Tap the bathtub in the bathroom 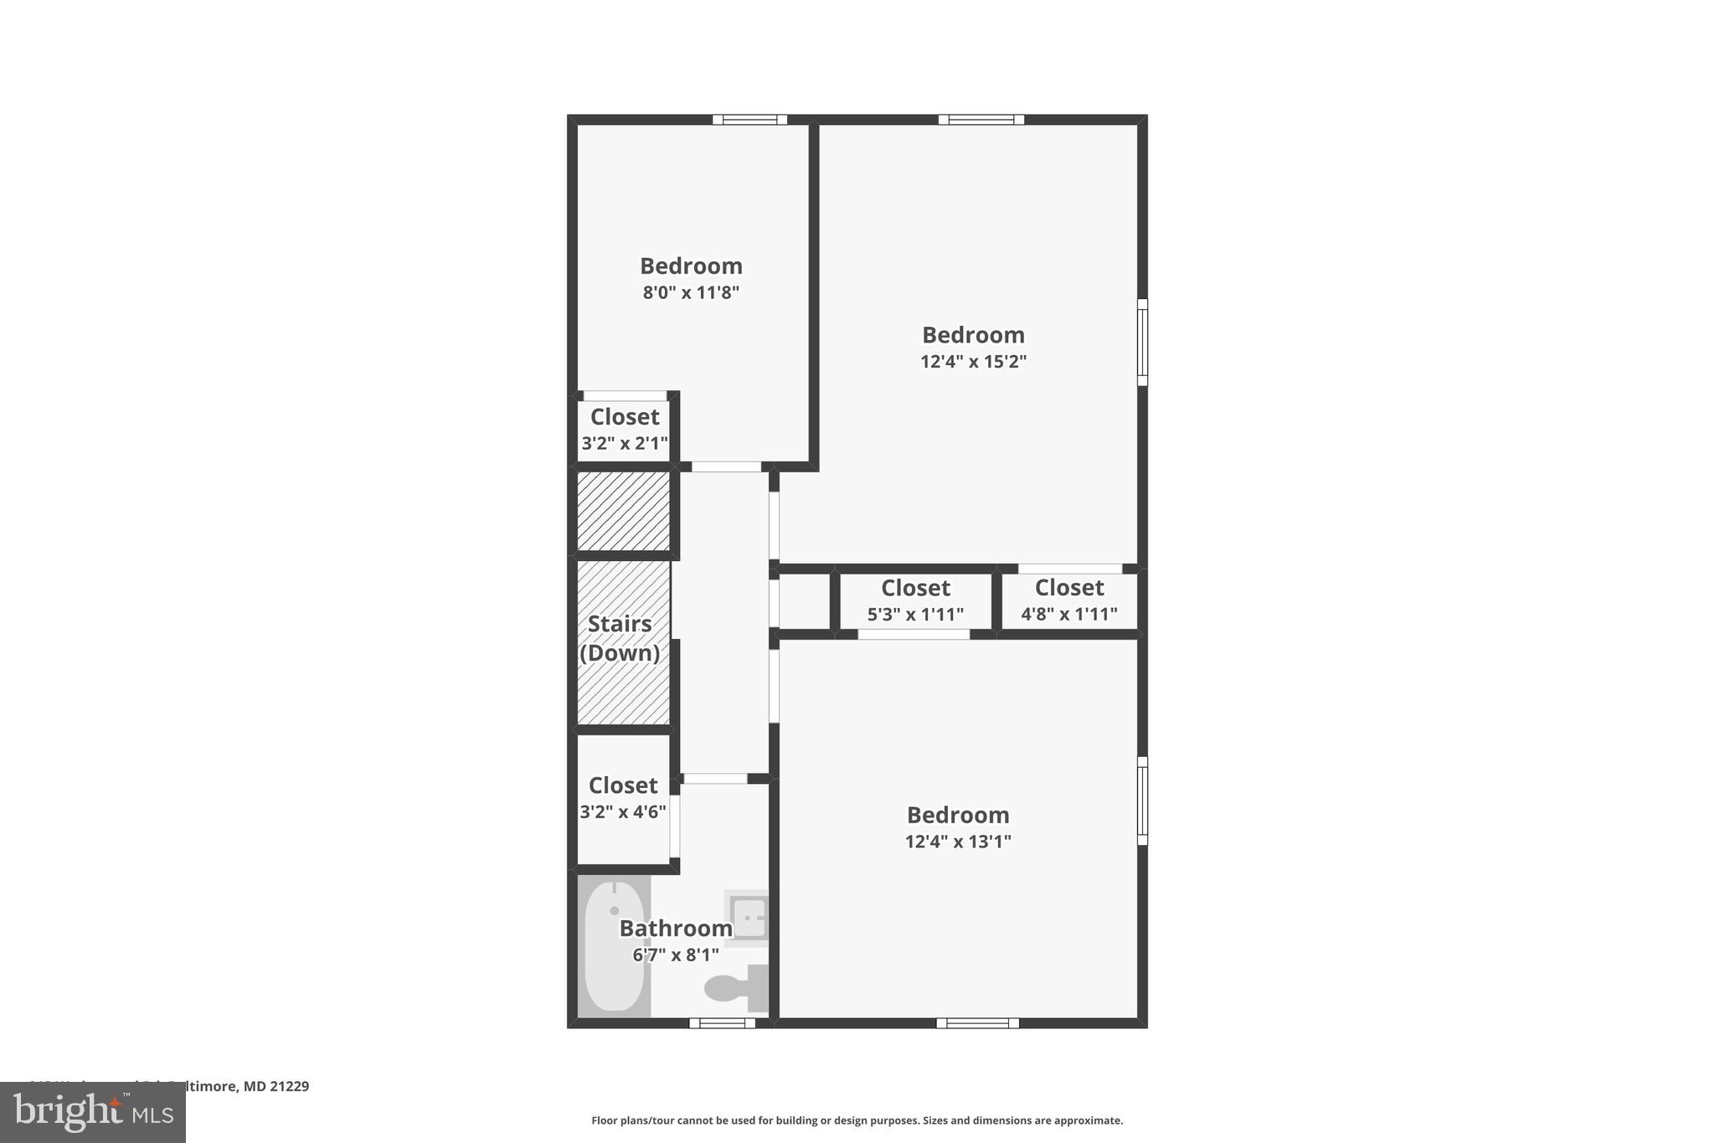pos(614,946)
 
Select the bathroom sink pos(747,916)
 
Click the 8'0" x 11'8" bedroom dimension pos(691,293)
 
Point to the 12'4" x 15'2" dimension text pos(973,362)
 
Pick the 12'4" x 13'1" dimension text pos(958,842)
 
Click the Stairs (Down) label pos(620,638)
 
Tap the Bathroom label pos(676,928)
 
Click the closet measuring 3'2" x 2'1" pos(625,430)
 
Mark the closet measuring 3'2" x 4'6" pos(623,798)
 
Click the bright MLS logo pos(93,1112)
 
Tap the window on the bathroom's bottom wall pos(722,1022)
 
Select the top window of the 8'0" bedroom pos(749,120)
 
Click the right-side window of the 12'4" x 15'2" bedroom pos(1141,342)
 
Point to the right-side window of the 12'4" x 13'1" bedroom pos(1141,801)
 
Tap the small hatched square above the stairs pos(624,511)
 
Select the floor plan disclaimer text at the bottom pos(857,1120)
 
